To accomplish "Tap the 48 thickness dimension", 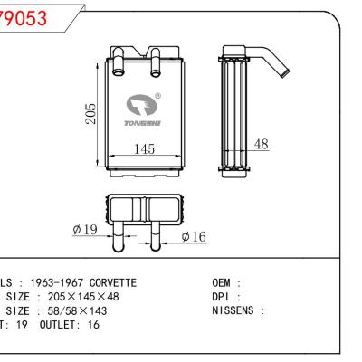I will pyautogui.click(x=262, y=144).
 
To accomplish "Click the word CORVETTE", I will pyautogui.click(x=108, y=283).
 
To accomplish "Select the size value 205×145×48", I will pyautogui.click(x=72, y=296).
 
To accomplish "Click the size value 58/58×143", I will pyautogui.click(x=68, y=310).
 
